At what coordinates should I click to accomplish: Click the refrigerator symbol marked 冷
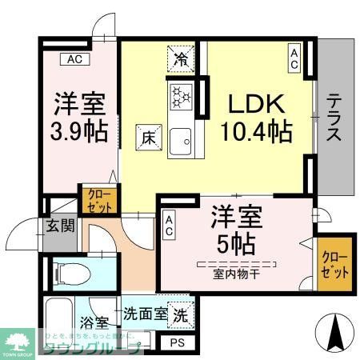coord(181,58)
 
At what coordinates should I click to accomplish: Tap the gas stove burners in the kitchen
coord(181,98)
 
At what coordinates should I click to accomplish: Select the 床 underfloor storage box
coord(146,136)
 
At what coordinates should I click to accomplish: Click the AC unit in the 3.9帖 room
coord(74,59)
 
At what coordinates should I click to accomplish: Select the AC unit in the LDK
coord(295,58)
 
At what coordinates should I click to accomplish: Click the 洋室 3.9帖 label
coord(81,117)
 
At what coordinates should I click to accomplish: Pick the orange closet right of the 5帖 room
coord(331,263)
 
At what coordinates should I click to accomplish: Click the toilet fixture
coord(66,273)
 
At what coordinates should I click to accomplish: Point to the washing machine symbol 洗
coord(181,314)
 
